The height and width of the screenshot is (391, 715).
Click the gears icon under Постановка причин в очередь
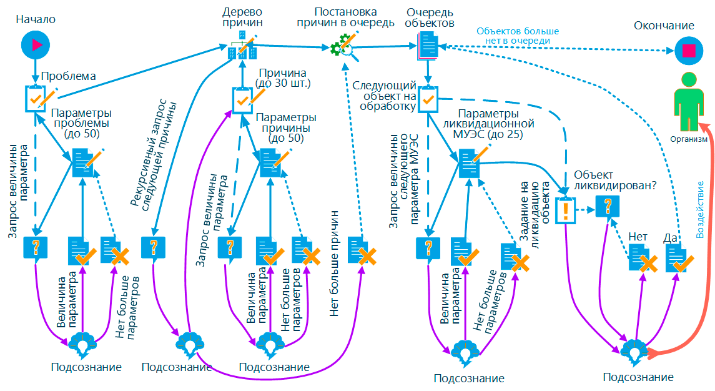[343, 48]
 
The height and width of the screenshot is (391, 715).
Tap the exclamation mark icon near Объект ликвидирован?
[565, 209]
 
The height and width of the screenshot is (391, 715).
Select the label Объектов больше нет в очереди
[518, 36]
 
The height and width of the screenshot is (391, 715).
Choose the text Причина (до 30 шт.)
[284, 78]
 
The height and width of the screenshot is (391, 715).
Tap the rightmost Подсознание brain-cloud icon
[635, 350]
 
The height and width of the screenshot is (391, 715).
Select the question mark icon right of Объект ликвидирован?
[606, 206]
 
